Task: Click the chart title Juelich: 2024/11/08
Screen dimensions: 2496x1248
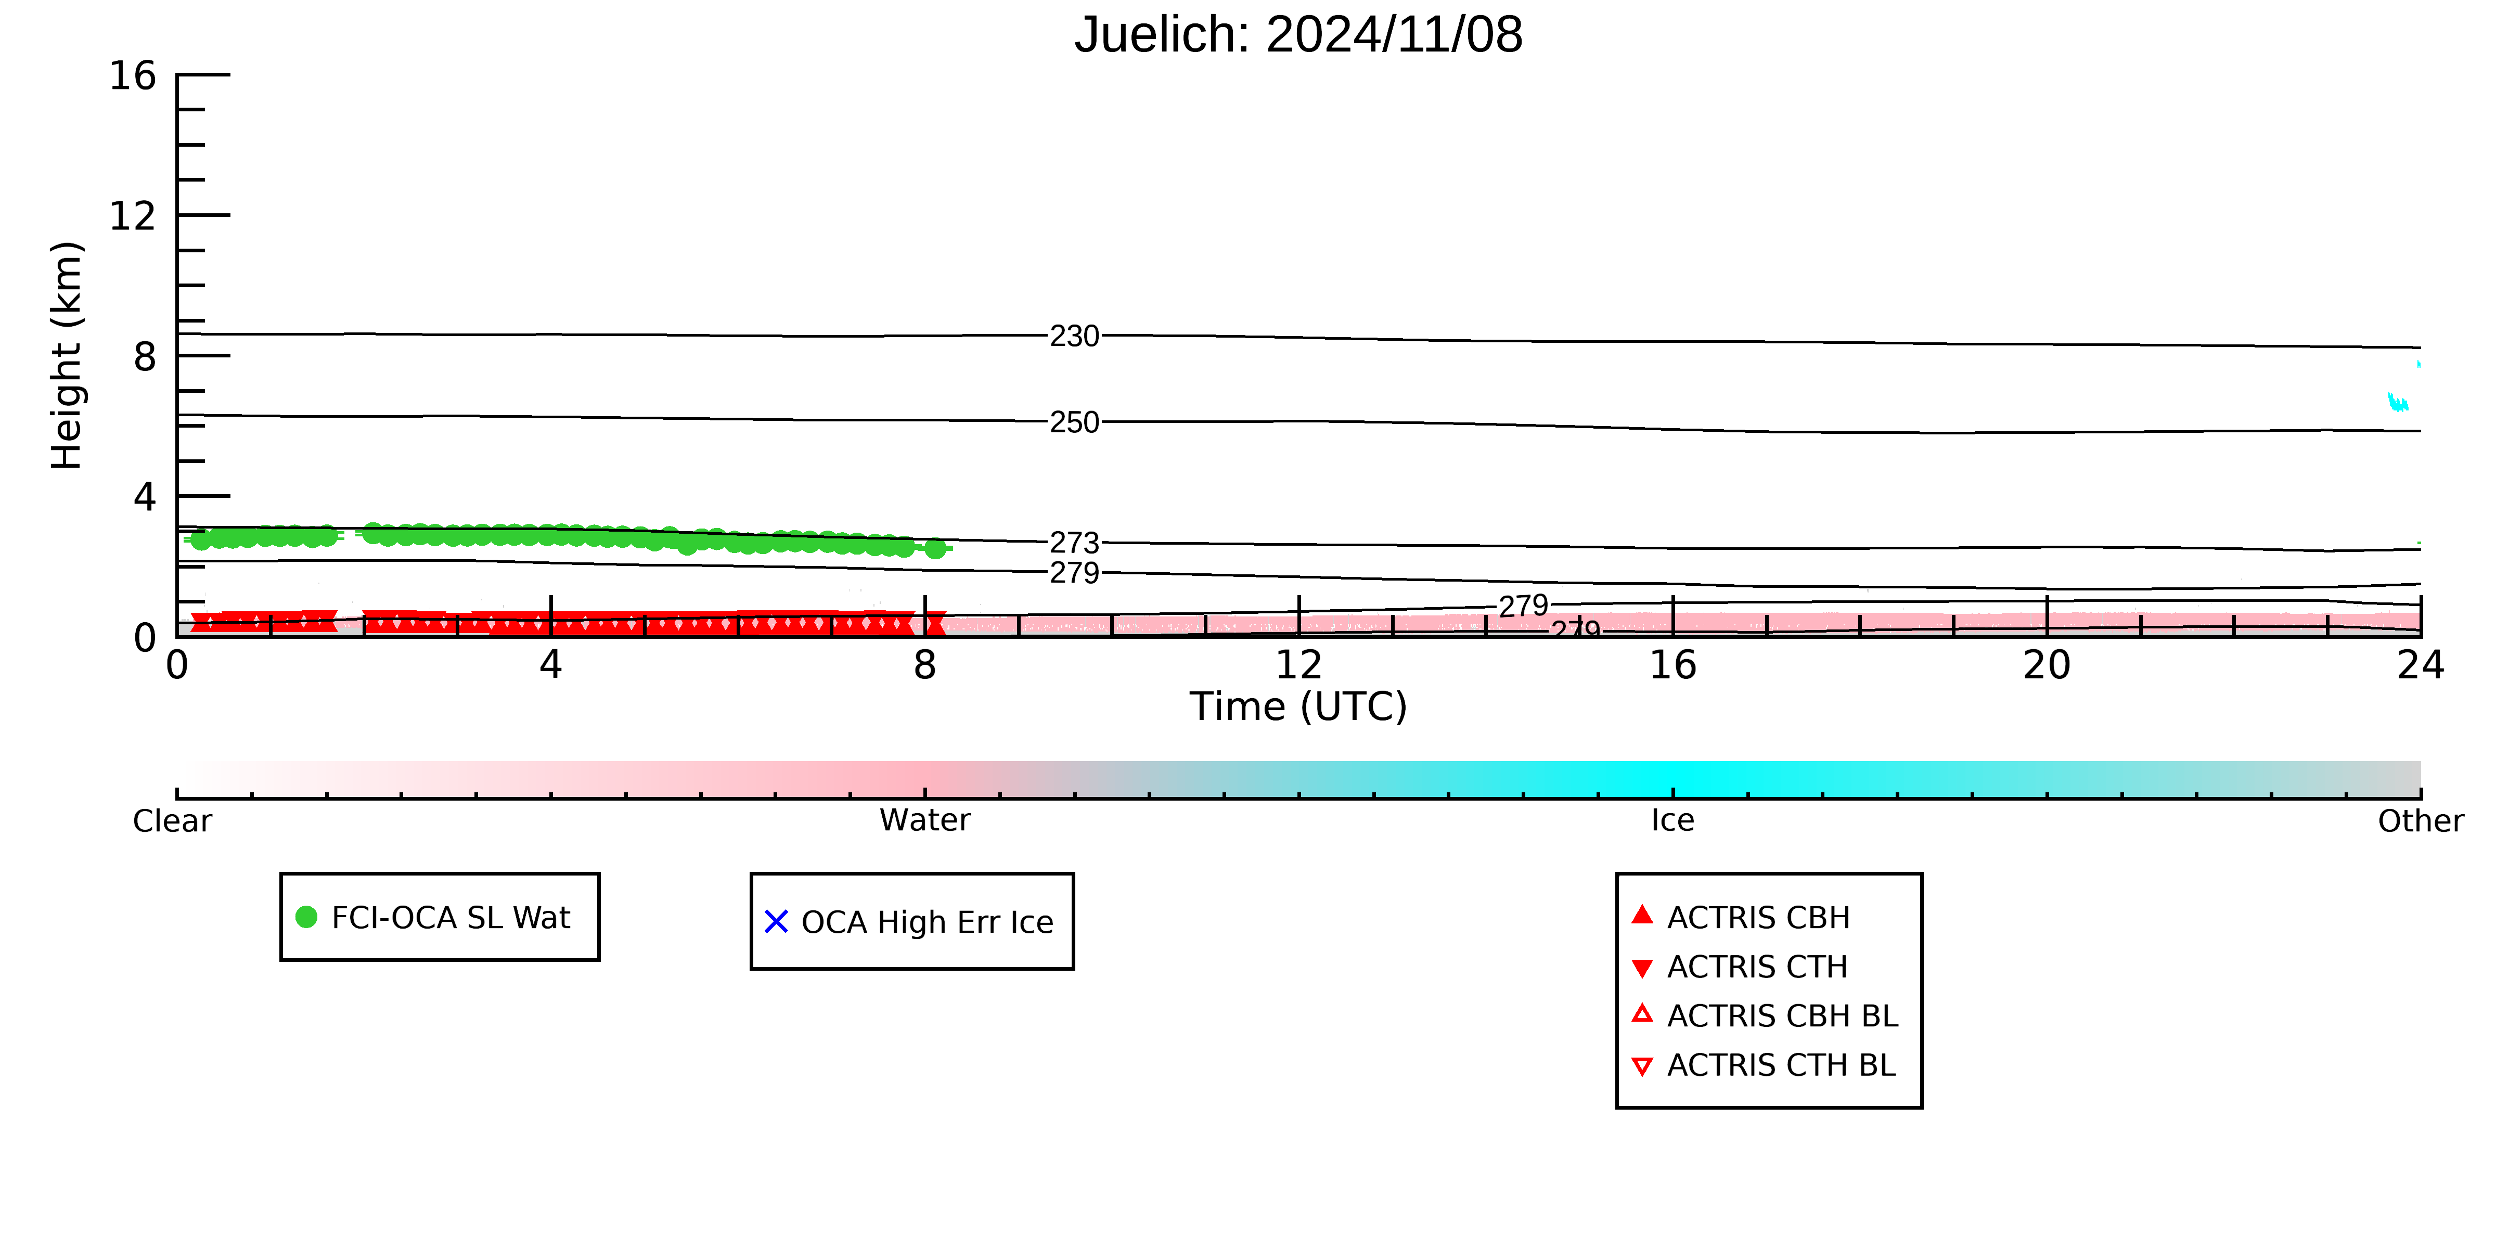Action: pyautogui.click(x=1298, y=35)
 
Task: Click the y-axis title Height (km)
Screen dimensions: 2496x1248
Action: pyautogui.click(x=67, y=356)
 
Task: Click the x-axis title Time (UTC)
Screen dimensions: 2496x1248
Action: pyautogui.click(x=1298, y=706)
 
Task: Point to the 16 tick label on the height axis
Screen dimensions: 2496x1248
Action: pyautogui.click(x=133, y=75)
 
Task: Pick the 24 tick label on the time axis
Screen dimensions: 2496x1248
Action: pyautogui.click(x=2421, y=666)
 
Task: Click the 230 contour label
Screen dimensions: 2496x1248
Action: pyautogui.click(x=1075, y=336)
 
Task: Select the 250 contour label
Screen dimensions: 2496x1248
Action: pyautogui.click(x=1075, y=422)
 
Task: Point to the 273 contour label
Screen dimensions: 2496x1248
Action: pyautogui.click(x=1075, y=543)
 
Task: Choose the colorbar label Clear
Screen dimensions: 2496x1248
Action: pyautogui.click(x=173, y=821)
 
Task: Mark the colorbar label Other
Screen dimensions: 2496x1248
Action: pyautogui.click(x=2421, y=821)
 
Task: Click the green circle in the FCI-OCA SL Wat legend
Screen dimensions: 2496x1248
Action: pyautogui.click(x=306, y=917)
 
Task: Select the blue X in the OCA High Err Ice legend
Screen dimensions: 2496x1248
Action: pyautogui.click(x=776, y=921)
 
